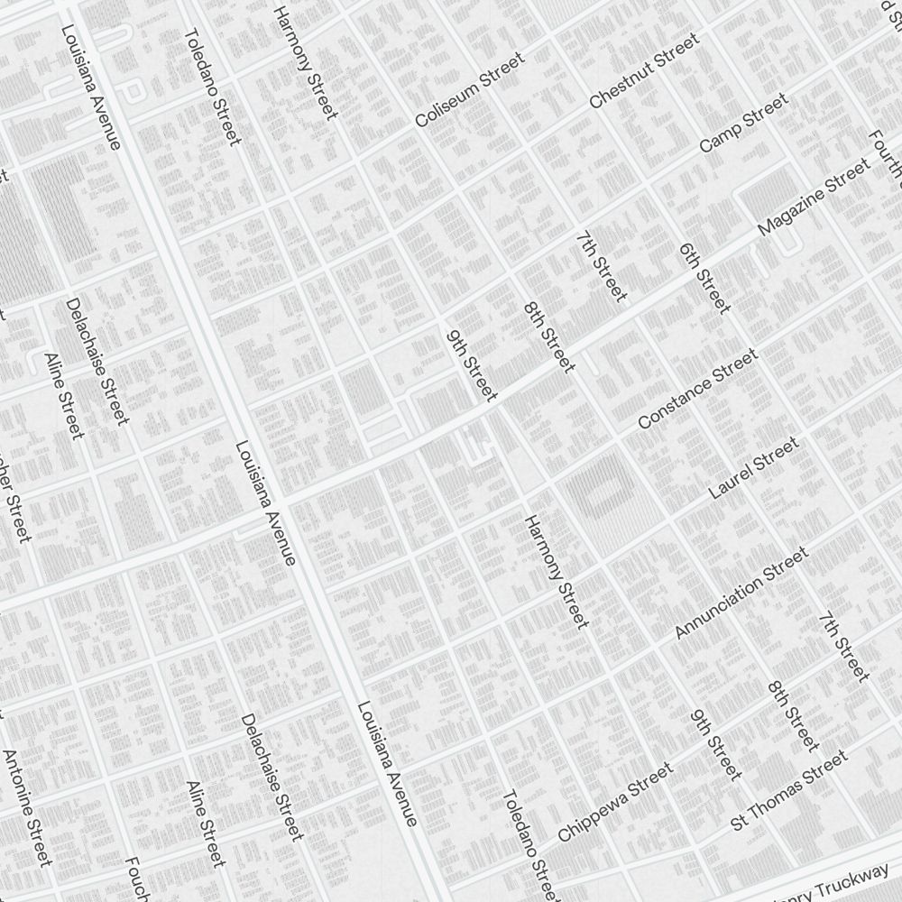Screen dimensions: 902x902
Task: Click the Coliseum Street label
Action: tap(469, 90)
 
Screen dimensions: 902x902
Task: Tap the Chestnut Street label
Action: tap(643, 71)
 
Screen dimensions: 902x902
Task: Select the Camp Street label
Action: tap(743, 122)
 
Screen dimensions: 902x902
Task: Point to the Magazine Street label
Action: tap(814, 198)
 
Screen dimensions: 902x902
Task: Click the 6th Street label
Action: tap(704, 278)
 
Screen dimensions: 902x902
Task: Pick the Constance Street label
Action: tap(697, 390)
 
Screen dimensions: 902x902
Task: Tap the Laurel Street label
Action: tap(753, 468)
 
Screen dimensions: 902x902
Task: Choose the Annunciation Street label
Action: tap(741, 594)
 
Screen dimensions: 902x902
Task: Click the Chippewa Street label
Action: tap(615, 802)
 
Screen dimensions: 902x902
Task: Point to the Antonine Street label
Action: tap(27, 807)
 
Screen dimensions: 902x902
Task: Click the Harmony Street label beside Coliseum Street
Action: tap(306, 61)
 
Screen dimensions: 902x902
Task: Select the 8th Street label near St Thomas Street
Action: tap(794, 715)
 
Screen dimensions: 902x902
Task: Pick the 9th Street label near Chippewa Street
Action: tap(716, 745)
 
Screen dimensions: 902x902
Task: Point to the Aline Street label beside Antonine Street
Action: tap(205, 824)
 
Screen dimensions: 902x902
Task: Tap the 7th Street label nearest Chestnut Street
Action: tap(601, 267)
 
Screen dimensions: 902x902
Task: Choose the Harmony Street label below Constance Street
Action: tap(556, 572)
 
